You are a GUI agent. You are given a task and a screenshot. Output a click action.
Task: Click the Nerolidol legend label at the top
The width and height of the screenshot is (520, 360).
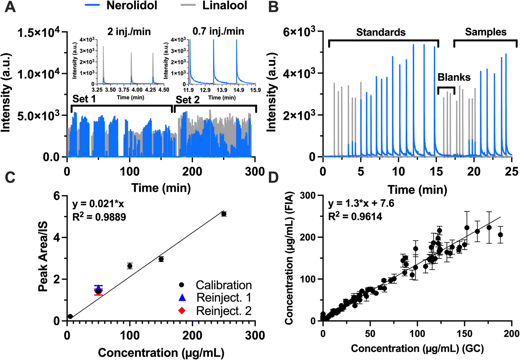click(131, 5)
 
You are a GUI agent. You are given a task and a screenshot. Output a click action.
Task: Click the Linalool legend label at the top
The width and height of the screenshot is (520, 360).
click(225, 5)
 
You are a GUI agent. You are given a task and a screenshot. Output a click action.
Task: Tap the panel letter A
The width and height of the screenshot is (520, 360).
click(10, 7)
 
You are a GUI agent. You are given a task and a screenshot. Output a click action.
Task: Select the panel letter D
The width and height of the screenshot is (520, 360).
click(273, 178)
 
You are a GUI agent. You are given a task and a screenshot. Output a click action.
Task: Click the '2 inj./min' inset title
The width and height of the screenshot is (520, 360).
click(129, 31)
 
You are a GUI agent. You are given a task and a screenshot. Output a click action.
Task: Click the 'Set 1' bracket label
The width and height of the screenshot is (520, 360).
click(84, 99)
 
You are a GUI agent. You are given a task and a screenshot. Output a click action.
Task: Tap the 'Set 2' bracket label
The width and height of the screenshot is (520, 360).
click(188, 100)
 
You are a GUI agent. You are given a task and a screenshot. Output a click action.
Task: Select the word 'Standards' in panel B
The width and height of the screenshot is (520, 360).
click(381, 32)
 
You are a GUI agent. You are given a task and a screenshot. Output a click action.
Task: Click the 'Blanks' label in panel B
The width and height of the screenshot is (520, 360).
click(454, 77)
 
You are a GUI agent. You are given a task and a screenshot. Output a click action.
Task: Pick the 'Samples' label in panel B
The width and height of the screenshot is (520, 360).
click(486, 32)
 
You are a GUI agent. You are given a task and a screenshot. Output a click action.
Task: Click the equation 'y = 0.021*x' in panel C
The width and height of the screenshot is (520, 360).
click(98, 204)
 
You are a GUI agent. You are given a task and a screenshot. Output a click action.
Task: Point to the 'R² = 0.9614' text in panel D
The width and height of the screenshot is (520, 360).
click(355, 217)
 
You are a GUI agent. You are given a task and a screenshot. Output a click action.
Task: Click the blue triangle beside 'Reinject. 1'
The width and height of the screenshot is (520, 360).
click(182, 298)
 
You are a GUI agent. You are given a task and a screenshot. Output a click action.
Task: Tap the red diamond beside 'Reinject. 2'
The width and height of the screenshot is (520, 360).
click(182, 311)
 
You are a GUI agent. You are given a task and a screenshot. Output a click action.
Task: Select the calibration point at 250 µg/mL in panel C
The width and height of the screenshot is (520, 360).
click(224, 214)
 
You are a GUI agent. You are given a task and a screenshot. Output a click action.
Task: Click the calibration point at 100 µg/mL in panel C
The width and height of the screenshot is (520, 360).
click(130, 266)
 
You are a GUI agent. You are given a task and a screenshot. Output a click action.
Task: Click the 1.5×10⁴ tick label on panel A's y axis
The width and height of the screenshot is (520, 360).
click(38, 33)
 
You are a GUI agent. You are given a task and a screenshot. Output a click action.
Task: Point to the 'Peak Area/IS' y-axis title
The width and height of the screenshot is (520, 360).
click(43, 257)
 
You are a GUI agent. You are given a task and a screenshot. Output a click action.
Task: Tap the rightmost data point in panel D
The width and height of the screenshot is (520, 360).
click(501, 235)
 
